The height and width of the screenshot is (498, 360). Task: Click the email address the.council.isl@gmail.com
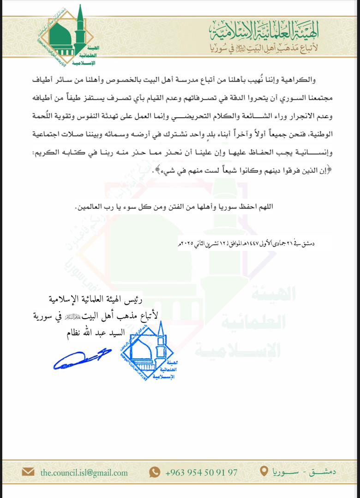coord(84,472)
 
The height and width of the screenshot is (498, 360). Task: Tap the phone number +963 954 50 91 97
coord(201,472)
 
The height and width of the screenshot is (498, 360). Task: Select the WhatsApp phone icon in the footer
coord(155,472)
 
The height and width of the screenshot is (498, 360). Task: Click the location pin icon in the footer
coord(264,472)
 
